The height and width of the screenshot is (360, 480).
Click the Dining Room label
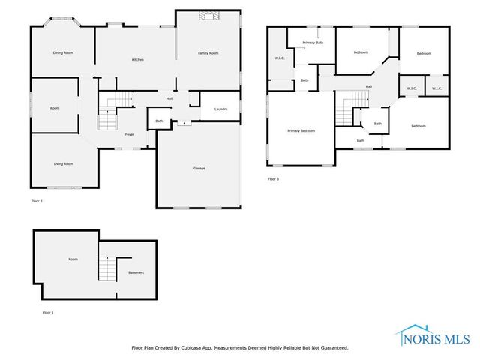63,53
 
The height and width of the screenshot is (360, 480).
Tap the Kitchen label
138,60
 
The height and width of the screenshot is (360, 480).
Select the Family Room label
208,53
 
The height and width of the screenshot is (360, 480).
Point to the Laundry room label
220,109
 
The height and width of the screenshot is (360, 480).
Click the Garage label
199,168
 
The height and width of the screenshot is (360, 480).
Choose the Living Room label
63,163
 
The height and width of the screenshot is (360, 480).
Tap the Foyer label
130,135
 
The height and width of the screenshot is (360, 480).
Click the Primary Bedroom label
301,131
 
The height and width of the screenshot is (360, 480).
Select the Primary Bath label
313,43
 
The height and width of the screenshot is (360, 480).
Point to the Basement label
136,272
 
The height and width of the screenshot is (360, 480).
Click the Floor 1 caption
47,312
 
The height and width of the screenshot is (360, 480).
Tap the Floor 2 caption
37,202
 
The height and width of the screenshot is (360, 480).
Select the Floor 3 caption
273,179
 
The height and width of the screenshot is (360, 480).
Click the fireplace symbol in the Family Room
206,15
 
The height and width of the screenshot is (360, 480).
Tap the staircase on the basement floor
109,267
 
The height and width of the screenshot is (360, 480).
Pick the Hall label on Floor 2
169,98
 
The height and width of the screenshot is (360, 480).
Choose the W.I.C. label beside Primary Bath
280,58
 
